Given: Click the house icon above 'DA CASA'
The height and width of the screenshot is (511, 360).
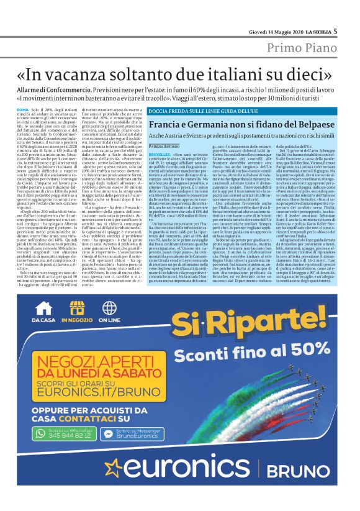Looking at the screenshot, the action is tap(43, 308).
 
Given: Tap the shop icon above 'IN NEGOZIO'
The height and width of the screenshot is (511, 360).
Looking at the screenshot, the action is tap(78, 308).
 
